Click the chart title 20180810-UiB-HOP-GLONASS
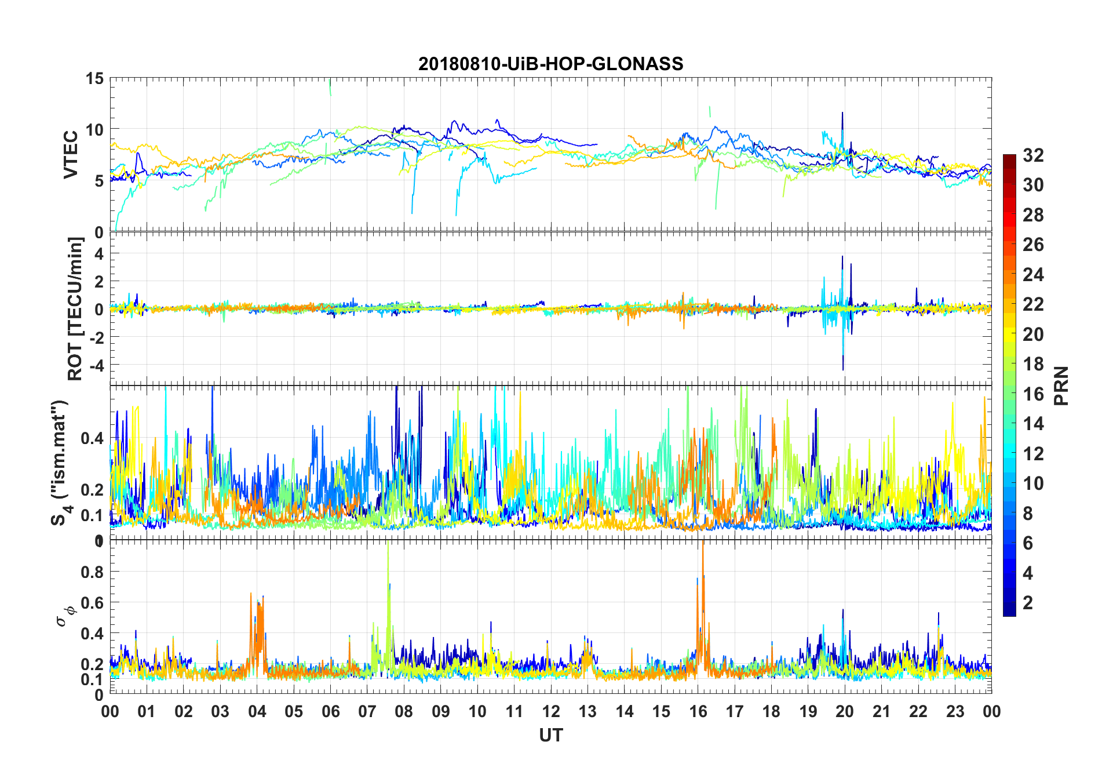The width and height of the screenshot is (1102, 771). [x=550, y=64]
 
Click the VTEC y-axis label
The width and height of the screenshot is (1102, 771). [x=71, y=155]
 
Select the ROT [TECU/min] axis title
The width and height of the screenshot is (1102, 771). [x=75, y=308]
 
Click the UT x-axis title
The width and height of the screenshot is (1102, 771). [x=550, y=736]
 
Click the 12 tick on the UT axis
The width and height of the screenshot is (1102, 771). [x=551, y=712]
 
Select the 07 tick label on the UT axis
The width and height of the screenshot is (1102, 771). [x=367, y=712]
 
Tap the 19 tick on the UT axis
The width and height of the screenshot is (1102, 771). [x=808, y=712]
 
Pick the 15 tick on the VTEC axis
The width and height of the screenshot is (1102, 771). [x=94, y=79]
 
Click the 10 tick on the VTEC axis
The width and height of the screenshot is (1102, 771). [x=94, y=130]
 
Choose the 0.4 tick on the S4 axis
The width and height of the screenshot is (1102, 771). [x=92, y=438]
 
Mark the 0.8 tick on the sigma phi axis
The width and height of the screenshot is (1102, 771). [x=92, y=572]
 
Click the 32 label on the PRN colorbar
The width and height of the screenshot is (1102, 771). [x=1033, y=155]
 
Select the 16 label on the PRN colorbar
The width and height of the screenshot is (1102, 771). [x=1033, y=394]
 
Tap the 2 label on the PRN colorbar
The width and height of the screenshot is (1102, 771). [x=1028, y=603]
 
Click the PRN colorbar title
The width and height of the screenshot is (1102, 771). [x=1061, y=385]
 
